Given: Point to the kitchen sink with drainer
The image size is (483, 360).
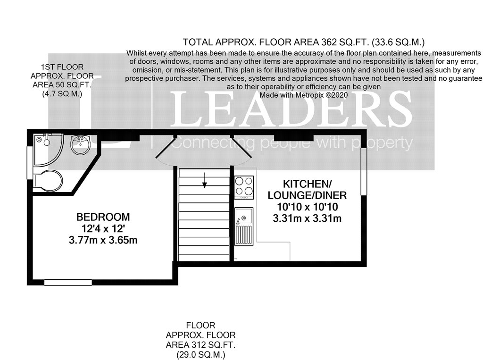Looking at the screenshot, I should point(244,226).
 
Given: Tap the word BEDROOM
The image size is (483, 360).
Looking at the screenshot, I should point(103,218).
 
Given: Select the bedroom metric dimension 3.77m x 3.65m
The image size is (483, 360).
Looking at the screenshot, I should point(103,240).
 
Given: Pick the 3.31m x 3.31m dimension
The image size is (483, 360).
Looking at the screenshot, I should point(307,218).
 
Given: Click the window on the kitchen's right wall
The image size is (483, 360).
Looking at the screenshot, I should point(364,172).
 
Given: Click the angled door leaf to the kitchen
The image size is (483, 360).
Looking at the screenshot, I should point(241,146).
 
